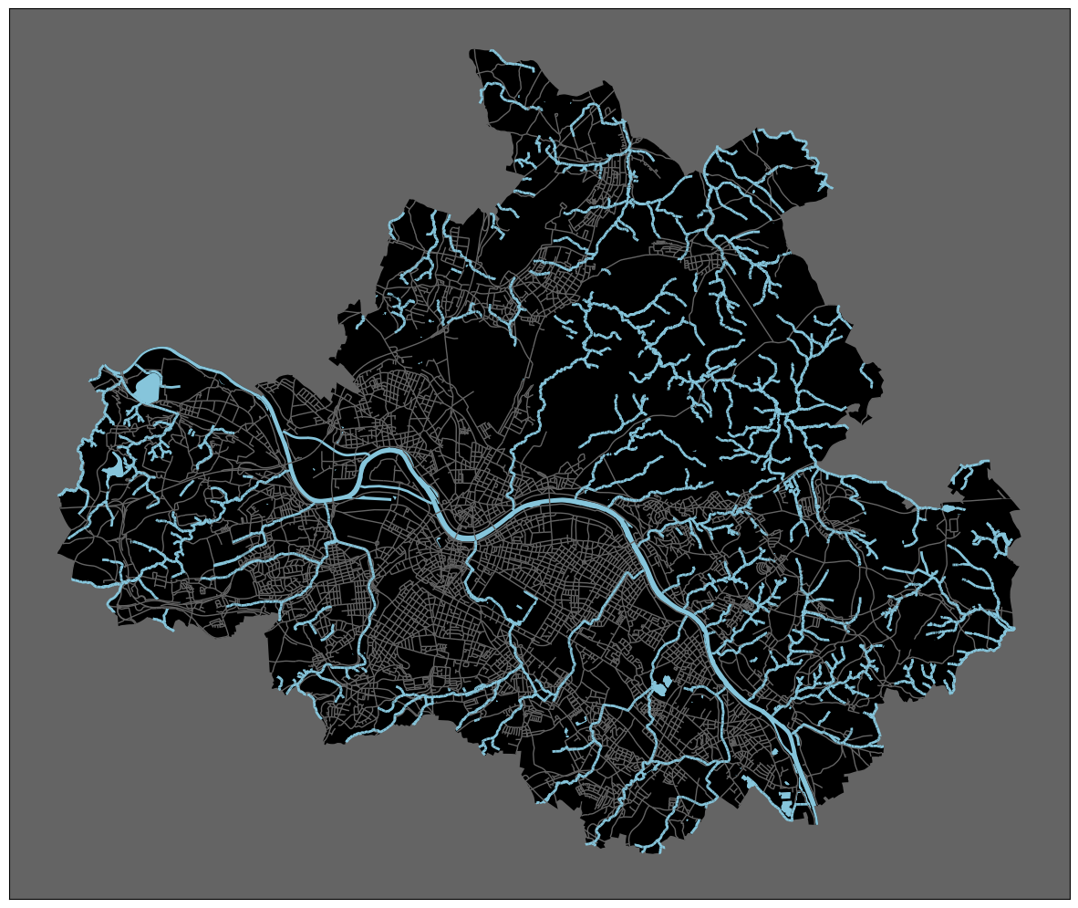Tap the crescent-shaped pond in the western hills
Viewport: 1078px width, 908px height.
(114, 469)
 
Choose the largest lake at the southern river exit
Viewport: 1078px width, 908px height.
(787, 809)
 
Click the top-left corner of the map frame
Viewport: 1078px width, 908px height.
(10, 9)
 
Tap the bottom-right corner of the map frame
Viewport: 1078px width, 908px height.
(1070, 899)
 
